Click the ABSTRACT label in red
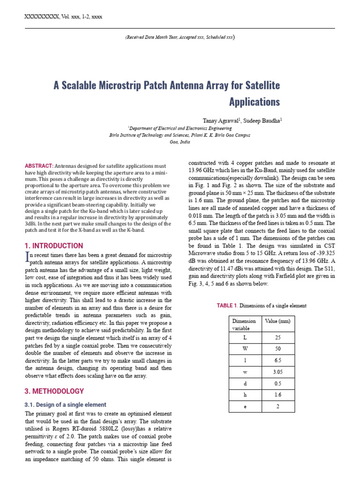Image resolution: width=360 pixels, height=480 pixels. (39, 166)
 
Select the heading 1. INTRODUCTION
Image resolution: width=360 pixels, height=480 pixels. (54, 246)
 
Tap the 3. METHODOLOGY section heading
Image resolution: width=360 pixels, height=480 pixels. (54, 391)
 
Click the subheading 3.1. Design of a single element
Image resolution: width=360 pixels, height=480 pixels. (65, 405)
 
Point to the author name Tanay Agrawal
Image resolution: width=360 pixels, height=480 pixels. (218, 120)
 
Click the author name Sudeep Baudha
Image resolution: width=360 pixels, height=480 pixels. (262, 120)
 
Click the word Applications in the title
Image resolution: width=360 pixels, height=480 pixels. (254, 101)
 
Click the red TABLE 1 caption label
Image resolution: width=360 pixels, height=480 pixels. (227, 306)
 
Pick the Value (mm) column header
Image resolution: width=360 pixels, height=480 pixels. (278, 322)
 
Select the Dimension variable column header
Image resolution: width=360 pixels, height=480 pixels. (244, 325)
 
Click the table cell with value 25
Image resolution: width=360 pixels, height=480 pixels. (278, 337)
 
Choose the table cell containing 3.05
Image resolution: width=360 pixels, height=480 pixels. (278, 372)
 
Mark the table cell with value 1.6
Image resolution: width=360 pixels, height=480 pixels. (278, 395)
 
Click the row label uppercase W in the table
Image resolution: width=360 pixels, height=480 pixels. (245, 349)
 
